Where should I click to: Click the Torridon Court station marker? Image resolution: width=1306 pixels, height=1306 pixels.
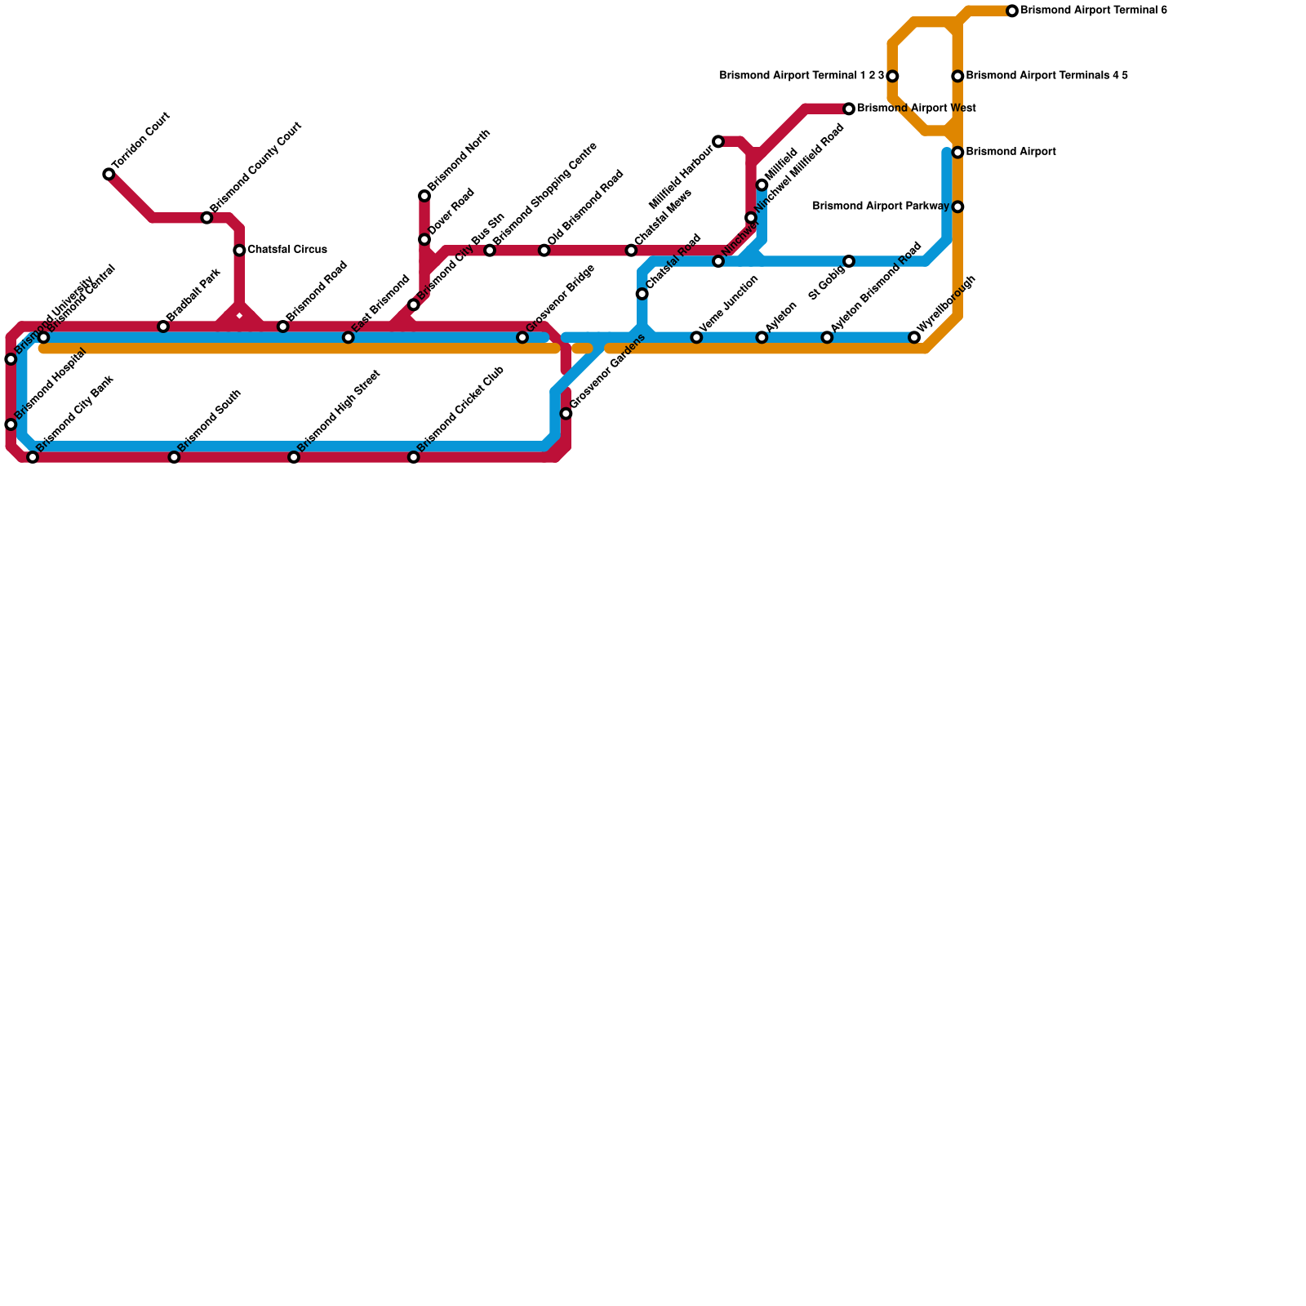(x=109, y=174)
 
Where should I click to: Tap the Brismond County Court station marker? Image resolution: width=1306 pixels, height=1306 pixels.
(x=207, y=218)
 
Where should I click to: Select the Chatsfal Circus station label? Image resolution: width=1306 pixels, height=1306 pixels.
(x=287, y=250)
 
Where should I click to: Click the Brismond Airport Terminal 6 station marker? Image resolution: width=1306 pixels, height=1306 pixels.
(x=1012, y=11)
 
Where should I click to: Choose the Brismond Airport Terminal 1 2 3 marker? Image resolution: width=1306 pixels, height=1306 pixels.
(x=892, y=76)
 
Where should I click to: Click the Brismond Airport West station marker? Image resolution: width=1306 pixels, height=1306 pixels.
(x=849, y=109)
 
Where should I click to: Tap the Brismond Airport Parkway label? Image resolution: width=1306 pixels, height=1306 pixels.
(x=881, y=207)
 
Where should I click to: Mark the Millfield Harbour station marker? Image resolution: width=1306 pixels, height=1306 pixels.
(x=718, y=142)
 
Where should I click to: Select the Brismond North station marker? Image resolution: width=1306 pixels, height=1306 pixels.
(x=424, y=196)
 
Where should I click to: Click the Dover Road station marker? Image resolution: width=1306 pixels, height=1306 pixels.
(x=424, y=239)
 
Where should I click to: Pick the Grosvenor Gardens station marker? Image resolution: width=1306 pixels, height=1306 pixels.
(x=566, y=414)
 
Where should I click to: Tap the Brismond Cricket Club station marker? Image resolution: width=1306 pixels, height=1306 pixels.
(x=414, y=457)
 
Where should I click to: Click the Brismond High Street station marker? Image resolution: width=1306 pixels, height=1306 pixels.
(x=294, y=457)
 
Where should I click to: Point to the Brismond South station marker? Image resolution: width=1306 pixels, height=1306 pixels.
(x=174, y=457)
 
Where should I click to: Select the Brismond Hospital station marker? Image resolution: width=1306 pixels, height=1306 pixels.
(x=11, y=424)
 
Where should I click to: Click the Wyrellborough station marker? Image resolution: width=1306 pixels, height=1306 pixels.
(x=914, y=337)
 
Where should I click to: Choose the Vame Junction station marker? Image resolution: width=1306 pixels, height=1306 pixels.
(x=696, y=337)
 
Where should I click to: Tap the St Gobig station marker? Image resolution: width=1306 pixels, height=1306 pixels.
(x=849, y=261)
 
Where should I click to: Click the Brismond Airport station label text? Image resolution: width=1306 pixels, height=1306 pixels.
(x=1011, y=152)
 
